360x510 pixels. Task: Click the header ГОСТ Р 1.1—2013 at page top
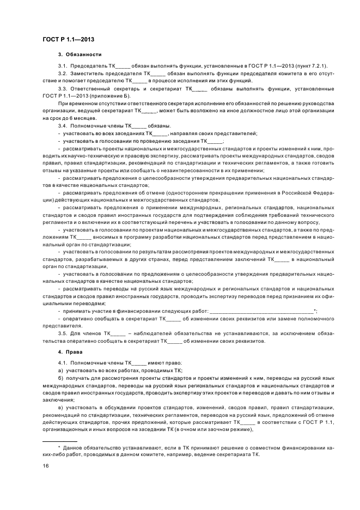click(64, 39)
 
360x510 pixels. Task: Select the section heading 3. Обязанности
click(80, 55)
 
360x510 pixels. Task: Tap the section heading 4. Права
click(70, 352)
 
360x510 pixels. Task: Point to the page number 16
click(45, 465)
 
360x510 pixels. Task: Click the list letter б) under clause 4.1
click(60, 377)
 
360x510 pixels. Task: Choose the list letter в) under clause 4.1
click(60, 408)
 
